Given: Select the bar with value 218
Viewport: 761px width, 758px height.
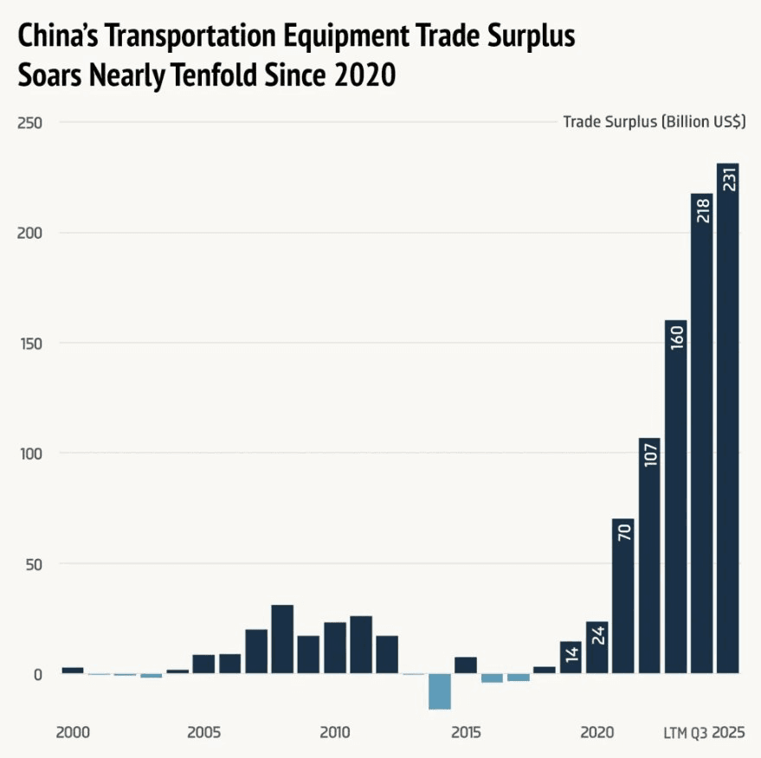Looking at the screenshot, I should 701,433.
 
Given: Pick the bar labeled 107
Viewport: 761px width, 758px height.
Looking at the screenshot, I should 649,555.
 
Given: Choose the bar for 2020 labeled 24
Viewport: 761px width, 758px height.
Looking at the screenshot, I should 597,646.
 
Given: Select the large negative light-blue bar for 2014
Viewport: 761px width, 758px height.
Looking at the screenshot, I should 440,691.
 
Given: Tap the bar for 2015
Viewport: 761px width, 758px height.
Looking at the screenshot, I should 466,665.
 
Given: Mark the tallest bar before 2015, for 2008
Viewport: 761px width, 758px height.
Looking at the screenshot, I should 282,639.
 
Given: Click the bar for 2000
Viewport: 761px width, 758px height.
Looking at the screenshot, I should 73,670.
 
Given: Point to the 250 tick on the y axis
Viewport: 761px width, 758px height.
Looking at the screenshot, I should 30,122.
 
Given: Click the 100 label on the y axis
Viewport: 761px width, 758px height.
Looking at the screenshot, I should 30,453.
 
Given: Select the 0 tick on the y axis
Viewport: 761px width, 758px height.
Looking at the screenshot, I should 36,674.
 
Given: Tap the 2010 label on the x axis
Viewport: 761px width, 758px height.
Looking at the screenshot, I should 334,732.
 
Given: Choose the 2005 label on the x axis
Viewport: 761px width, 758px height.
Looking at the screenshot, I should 203,732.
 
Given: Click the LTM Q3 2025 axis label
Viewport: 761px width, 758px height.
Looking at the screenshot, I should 704,732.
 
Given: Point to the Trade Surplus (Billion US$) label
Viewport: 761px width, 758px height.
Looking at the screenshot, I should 654,122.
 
